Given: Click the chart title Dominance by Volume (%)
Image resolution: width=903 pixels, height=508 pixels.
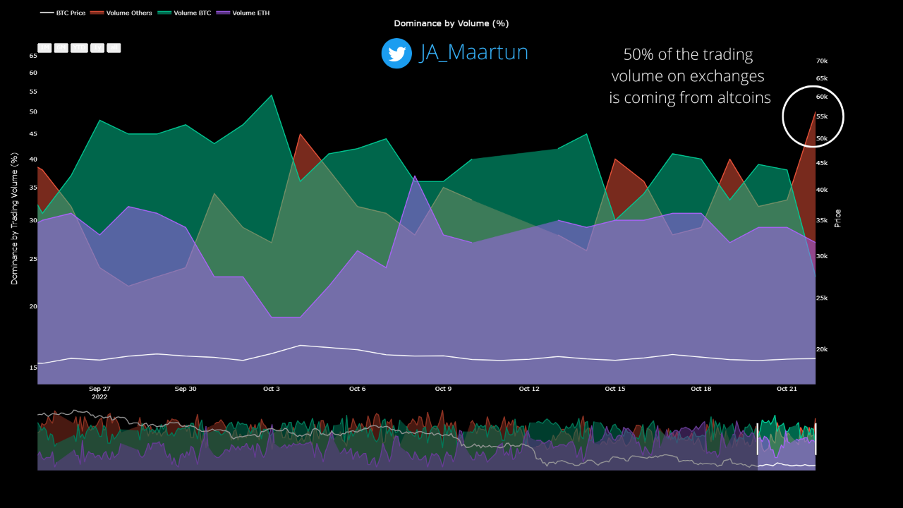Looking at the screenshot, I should point(451,23).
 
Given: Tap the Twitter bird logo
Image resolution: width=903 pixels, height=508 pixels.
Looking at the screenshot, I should point(396,54).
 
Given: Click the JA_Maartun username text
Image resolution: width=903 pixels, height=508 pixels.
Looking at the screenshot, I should point(473,53).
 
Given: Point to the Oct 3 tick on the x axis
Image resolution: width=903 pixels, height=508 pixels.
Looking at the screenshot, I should point(272,389).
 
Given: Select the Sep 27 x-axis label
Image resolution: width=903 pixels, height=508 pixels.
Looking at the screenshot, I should point(99,389).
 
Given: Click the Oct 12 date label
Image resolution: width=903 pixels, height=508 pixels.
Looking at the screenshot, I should point(529,389).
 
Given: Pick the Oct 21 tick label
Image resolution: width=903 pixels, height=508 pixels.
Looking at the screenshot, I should point(787,389).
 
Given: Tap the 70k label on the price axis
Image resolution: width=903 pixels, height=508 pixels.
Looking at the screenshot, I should point(822,61).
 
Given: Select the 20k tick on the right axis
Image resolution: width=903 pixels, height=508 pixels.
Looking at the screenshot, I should point(822,349).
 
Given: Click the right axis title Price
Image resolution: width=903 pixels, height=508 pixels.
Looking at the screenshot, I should point(838,218).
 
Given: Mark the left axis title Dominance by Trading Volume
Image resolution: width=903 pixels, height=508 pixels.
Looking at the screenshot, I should point(14,218).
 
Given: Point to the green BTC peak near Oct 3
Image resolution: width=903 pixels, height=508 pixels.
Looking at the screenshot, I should point(272,96).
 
